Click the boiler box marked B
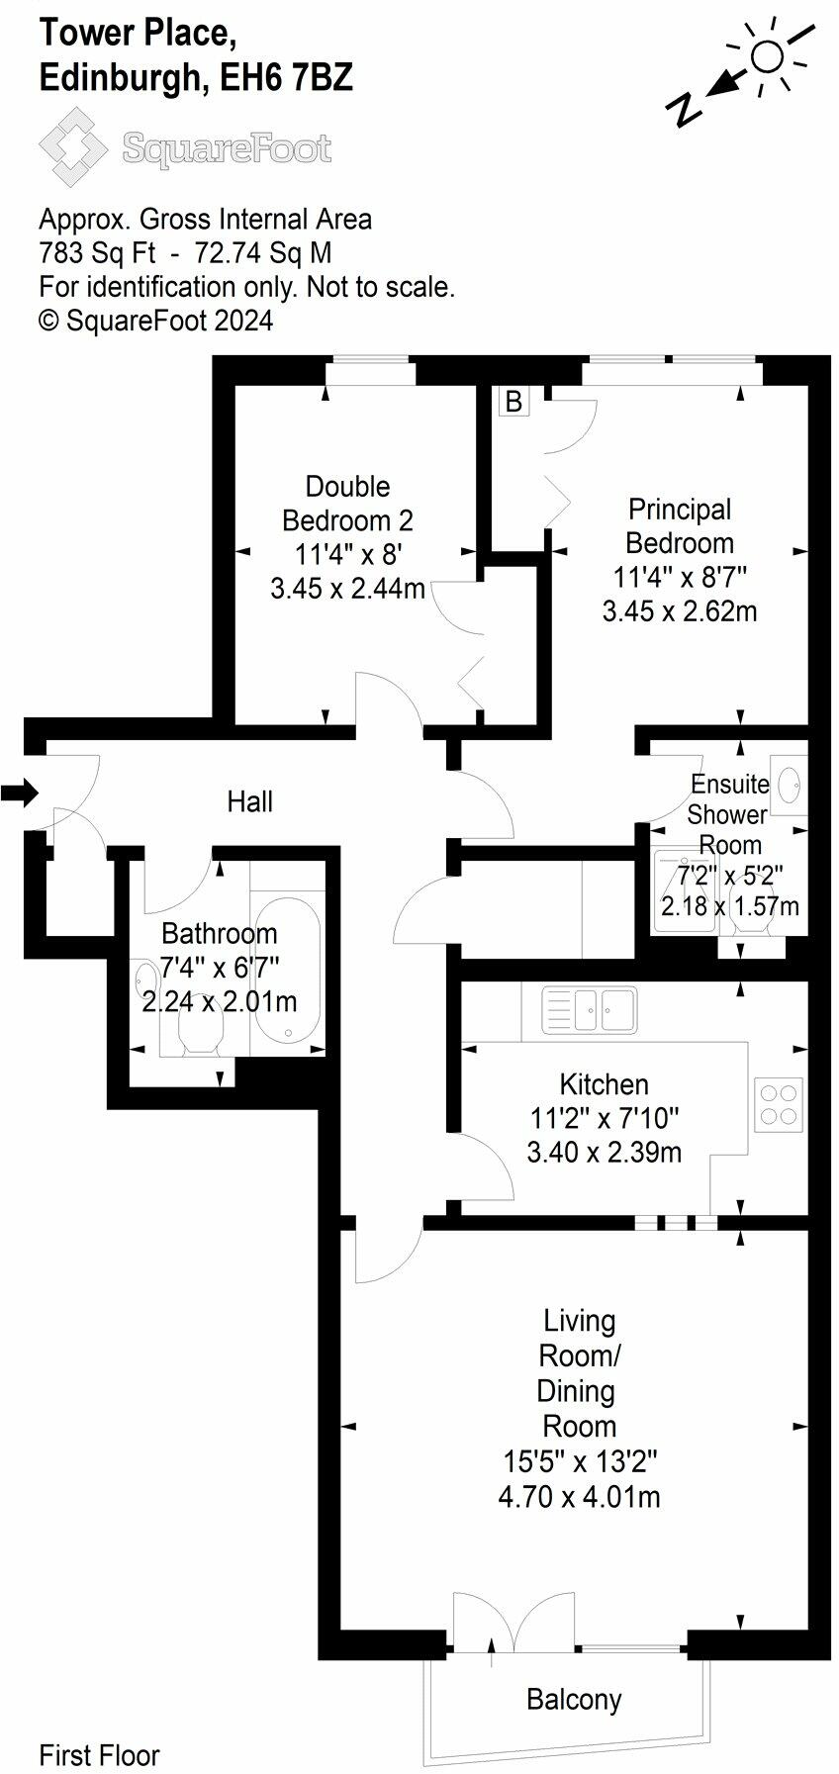click(513, 401)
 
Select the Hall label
click(250, 801)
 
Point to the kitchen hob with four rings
click(778, 1104)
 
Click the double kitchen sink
click(590, 1010)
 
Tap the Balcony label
click(574, 1700)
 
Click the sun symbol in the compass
click(767, 56)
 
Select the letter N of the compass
click(684, 110)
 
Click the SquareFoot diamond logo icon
click(74, 147)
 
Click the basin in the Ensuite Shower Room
click(791, 786)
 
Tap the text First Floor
click(99, 1755)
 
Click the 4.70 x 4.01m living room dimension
click(579, 1496)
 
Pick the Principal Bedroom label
click(680, 526)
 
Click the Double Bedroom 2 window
click(371, 371)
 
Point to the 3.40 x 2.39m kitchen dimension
click(604, 1152)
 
